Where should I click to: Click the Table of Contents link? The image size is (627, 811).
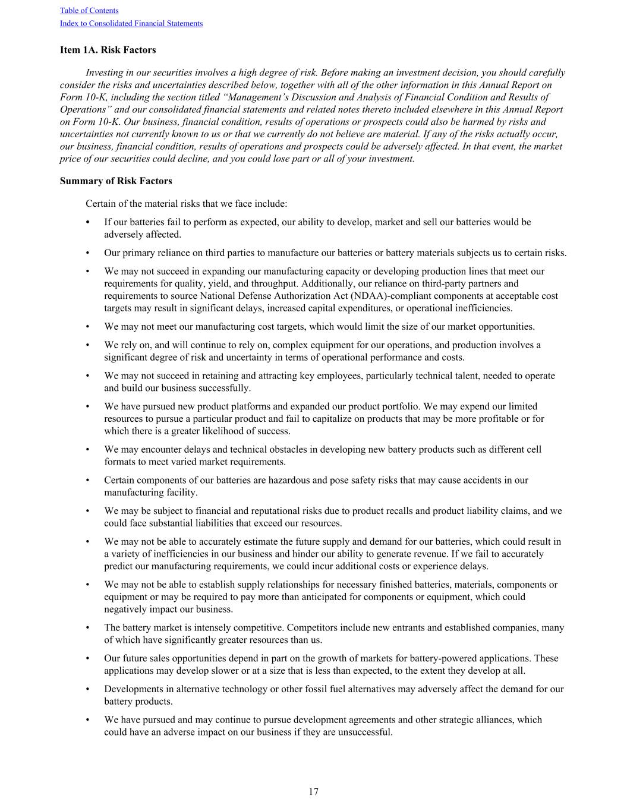tap(89, 11)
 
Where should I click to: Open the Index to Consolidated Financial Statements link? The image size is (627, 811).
tap(131, 24)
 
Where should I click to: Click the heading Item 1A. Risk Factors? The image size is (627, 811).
tap(108, 50)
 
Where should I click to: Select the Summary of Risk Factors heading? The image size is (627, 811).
tap(116, 181)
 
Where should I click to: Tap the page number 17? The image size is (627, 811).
tap(313, 792)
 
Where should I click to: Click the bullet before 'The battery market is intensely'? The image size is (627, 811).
tap(88, 627)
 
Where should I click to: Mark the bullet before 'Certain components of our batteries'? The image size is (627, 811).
tap(88, 480)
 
